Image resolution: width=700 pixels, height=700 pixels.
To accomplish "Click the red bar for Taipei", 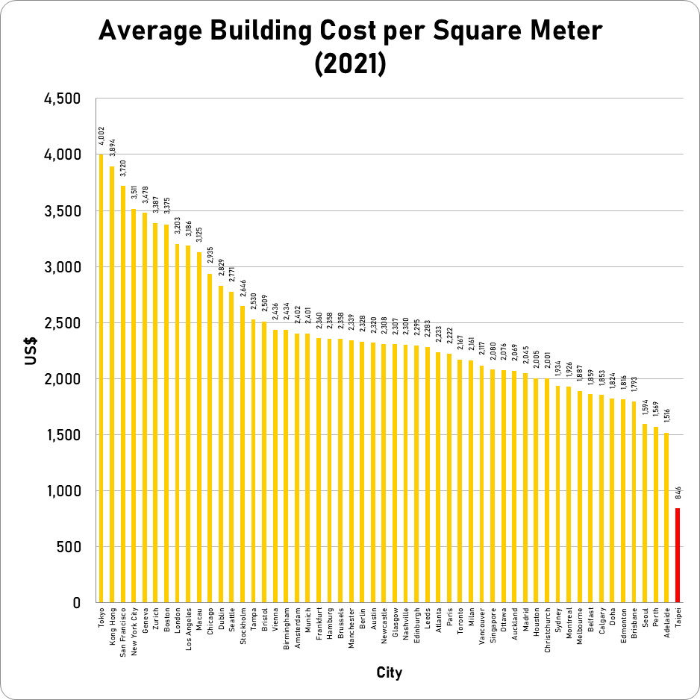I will click(x=678, y=555).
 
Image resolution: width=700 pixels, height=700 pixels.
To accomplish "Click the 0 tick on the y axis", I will click(x=75, y=603).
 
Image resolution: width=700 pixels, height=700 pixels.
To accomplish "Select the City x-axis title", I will click(x=389, y=673).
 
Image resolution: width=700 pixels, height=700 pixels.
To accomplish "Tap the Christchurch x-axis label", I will click(x=547, y=633).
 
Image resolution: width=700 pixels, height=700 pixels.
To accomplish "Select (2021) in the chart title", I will click(x=350, y=64).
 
